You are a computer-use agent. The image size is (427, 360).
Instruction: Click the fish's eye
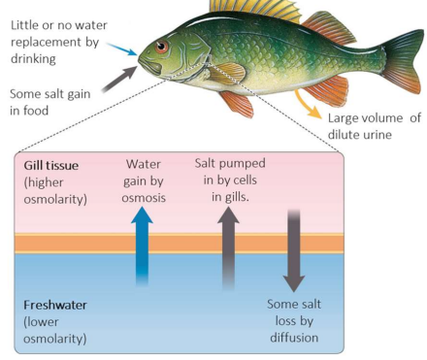tap(161, 46)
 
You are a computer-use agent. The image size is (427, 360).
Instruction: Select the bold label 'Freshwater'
tap(56, 304)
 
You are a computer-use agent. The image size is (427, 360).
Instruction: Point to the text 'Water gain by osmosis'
tap(144, 180)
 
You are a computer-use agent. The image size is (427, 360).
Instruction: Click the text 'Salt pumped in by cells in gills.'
tap(230, 180)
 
